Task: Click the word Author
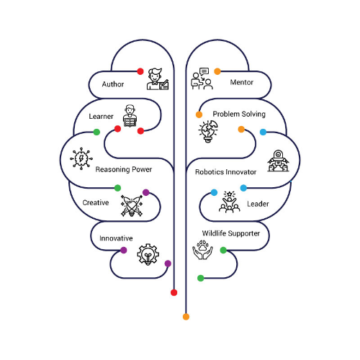[113, 84]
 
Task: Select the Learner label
[101, 117]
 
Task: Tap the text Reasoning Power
[124, 169]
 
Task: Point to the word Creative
[96, 202]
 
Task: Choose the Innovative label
[116, 238]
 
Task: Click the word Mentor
[242, 82]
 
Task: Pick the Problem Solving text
[239, 114]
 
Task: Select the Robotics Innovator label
[225, 172]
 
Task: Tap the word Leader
[258, 204]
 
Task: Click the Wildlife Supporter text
[231, 233]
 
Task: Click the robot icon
[278, 161]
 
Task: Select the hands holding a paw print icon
[202, 250]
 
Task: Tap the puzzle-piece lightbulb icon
[208, 132]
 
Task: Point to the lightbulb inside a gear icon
[148, 254]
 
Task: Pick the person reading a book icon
[130, 116]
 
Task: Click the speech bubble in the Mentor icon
[204, 71]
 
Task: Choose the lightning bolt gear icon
[81, 158]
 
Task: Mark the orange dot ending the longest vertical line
[186, 317]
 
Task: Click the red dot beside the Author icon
[140, 71]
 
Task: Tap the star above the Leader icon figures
[230, 194]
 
